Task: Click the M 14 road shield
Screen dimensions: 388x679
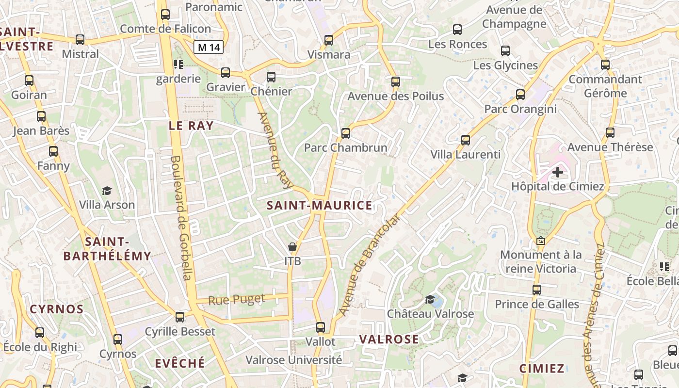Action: [x=209, y=47]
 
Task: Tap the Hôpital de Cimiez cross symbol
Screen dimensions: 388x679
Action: [x=558, y=172]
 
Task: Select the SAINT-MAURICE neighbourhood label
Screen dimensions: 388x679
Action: [x=320, y=205]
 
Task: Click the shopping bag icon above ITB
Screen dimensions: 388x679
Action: [x=292, y=247]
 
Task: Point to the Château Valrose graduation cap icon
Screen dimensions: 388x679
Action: [x=430, y=299]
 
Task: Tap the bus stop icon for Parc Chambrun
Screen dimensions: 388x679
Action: [x=346, y=133]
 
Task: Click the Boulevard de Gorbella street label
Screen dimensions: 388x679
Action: [x=180, y=218]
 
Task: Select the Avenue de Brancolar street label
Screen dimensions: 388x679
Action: [x=369, y=265]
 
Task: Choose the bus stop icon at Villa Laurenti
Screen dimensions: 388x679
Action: [x=466, y=140]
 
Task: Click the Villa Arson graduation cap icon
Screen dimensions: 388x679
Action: [x=107, y=191]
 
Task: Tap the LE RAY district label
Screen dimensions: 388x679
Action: [x=191, y=126]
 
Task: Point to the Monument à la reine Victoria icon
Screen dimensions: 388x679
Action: [x=541, y=241]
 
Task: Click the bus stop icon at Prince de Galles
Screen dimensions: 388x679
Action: [x=537, y=290]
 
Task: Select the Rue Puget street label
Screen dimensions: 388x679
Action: [x=237, y=299]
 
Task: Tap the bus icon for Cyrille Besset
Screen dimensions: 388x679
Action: [x=180, y=317]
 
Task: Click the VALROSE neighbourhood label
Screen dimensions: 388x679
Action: [x=389, y=339]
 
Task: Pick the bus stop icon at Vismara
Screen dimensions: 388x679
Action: [x=329, y=40]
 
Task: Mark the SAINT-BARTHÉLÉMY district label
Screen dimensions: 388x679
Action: [x=107, y=249]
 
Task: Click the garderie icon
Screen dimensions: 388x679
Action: [x=178, y=64]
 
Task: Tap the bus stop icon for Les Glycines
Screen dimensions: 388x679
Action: [x=505, y=50]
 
